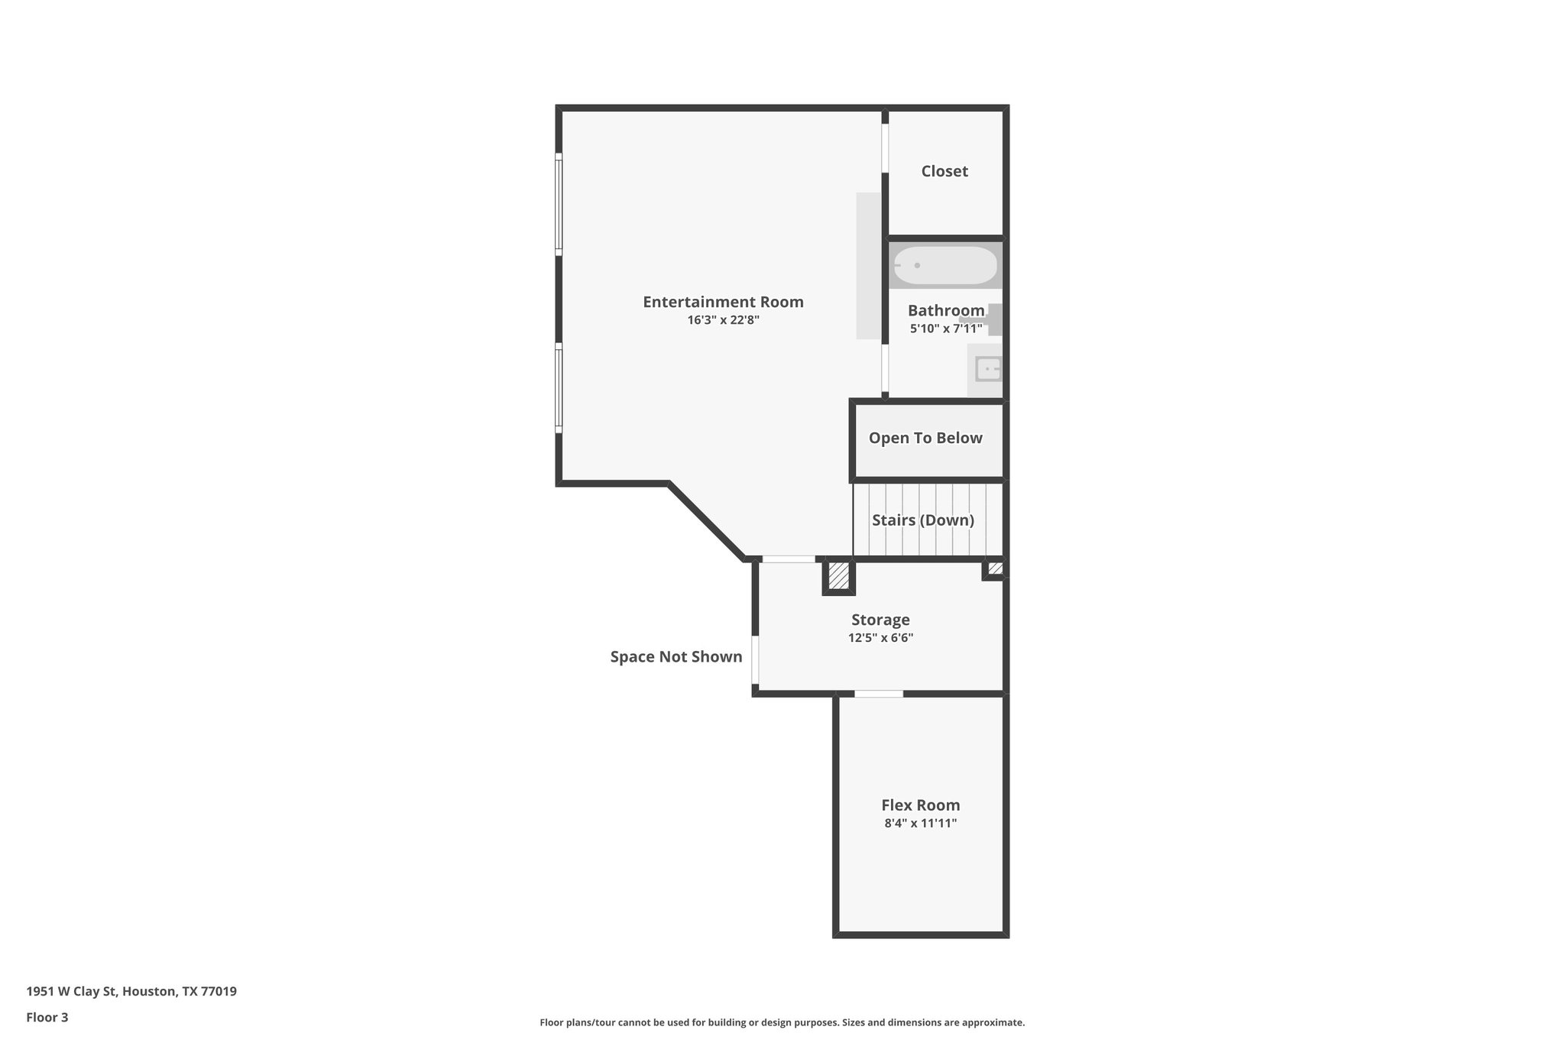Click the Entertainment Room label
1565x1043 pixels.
(x=723, y=302)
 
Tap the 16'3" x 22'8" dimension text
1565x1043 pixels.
(x=723, y=320)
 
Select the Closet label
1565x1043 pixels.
(x=945, y=171)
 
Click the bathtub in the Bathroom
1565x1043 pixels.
(x=945, y=265)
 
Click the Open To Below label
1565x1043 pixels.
(x=925, y=438)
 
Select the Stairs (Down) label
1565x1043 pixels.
(x=923, y=520)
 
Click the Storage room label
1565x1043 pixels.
(x=880, y=620)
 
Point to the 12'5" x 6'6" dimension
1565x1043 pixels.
(x=880, y=638)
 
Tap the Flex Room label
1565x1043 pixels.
(x=920, y=805)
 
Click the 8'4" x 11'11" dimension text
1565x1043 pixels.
(x=920, y=823)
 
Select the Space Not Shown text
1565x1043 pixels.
(x=676, y=656)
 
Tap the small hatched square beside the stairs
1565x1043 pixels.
(x=995, y=568)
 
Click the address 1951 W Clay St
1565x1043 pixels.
(x=131, y=991)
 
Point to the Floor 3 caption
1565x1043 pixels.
(x=47, y=1017)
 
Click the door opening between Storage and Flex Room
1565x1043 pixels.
(x=879, y=694)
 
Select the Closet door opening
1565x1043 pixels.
(x=886, y=147)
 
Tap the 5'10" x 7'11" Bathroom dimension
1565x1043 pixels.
(x=945, y=329)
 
